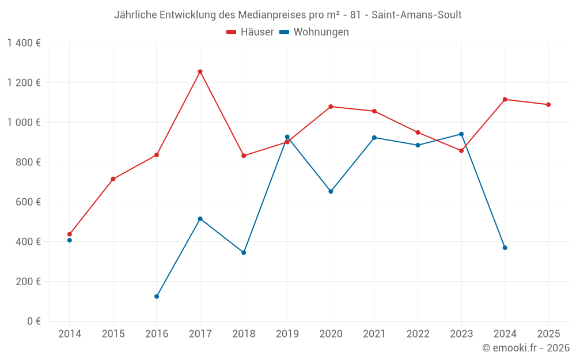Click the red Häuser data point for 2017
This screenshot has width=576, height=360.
click(x=200, y=71)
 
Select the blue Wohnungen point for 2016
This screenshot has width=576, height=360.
click(x=157, y=297)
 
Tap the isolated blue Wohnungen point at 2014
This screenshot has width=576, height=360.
click(x=70, y=240)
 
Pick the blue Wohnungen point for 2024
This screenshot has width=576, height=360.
click(x=505, y=248)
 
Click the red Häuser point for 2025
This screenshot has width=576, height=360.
click(x=548, y=105)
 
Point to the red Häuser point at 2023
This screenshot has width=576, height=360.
click(x=461, y=151)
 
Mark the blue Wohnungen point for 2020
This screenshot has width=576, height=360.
click(x=331, y=191)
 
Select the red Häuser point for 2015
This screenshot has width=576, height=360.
click(x=113, y=179)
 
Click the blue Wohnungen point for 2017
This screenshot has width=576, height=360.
click(x=200, y=219)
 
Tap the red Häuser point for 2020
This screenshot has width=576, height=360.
click(x=331, y=107)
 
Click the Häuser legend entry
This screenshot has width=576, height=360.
click(x=250, y=32)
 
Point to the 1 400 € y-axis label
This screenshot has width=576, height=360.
click(x=24, y=43)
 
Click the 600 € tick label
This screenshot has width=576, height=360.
click(x=29, y=202)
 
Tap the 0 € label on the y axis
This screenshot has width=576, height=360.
click(x=34, y=321)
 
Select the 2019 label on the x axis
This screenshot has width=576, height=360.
click(x=287, y=334)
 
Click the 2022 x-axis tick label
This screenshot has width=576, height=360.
click(x=418, y=334)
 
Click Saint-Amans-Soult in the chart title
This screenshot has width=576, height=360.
click(x=416, y=15)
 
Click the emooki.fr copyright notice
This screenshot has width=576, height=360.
click(x=526, y=348)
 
